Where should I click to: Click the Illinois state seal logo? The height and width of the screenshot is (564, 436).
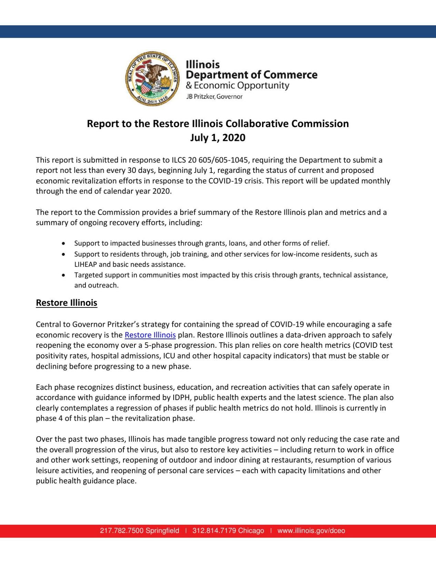click(153, 79)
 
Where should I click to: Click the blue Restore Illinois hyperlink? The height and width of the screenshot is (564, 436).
click(150, 335)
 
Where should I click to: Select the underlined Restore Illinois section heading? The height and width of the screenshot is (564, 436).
click(67, 303)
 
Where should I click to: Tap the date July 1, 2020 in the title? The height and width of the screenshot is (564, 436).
click(218, 138)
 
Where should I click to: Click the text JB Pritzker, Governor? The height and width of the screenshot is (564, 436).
click(214, 97)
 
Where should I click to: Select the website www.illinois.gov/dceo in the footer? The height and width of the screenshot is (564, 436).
click(311, 531)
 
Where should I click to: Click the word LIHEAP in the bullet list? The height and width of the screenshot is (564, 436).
click(85, 264)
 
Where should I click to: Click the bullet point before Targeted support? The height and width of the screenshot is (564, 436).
click(63, 275)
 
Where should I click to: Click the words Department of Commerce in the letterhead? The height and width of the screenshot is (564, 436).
click(252, 75)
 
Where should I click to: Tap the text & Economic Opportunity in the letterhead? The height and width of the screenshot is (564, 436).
click(237, 86)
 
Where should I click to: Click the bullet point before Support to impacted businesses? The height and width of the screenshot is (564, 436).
click(63, 243)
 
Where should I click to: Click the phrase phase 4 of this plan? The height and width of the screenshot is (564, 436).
click(69, 418)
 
